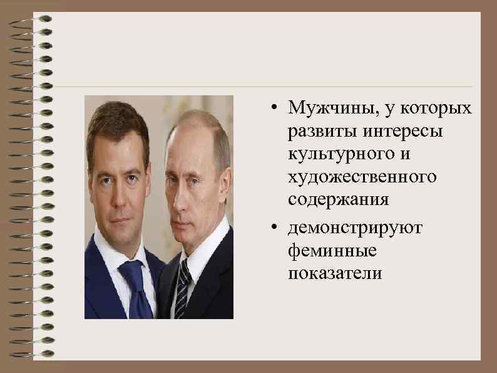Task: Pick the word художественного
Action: tap(362, 178)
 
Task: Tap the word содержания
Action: tap(339, 201)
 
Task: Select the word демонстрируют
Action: tap(355, 228)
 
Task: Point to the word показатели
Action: tap(335, 274)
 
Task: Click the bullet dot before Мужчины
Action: tap(275, 107)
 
